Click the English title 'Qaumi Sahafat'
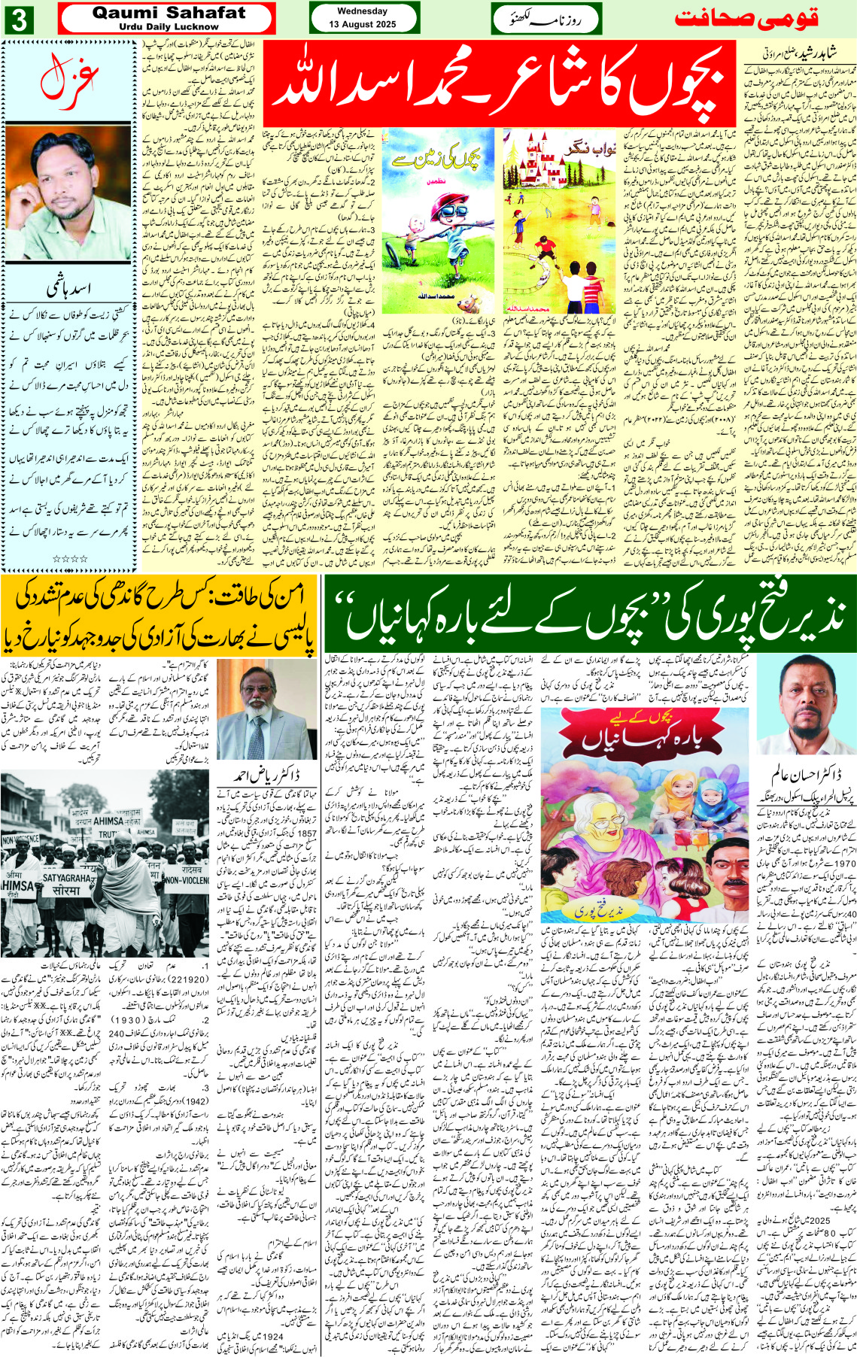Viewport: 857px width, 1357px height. tap(169, 13)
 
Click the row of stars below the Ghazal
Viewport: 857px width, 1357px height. tap(69, 558)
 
